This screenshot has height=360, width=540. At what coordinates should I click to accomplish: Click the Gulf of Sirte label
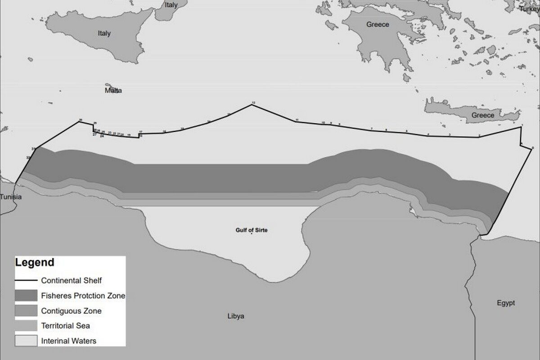coord(252,230)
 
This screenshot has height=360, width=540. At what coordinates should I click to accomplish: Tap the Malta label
coord(113,90)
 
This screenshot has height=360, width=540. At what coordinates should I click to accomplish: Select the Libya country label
coord(236,316)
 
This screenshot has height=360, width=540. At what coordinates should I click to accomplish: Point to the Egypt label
coord(506,303)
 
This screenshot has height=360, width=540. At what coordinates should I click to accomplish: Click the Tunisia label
coord(11,197)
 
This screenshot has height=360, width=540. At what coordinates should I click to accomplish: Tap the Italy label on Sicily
coord(104,33)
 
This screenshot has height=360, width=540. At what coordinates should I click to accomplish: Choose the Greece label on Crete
coord(483,115)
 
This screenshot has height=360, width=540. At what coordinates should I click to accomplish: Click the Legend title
coord(35,263)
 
